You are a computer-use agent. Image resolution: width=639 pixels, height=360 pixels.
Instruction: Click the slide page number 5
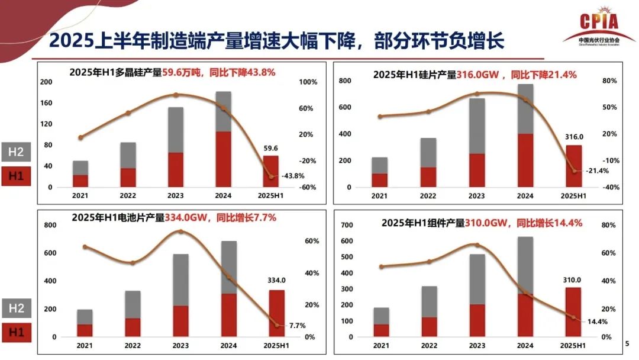(x=627, y=342)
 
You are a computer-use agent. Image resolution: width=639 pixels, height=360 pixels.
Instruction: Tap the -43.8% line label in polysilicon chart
(x=292, y=176)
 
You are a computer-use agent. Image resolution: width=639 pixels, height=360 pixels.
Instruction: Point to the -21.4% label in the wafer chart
(x=592, y=171)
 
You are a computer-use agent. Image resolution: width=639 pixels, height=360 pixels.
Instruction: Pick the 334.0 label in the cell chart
(x=276, y=281)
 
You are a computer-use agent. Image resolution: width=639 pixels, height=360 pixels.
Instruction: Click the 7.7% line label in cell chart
(x=298, y=325)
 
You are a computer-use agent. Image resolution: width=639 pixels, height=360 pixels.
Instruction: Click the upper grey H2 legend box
(x=16, y=152)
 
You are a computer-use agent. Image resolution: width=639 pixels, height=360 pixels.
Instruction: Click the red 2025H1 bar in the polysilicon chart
(x=271, y=171)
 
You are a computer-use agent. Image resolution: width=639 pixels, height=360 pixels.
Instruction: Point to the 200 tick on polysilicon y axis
(x=46, y=82)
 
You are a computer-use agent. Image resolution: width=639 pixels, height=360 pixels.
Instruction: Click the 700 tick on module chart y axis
(x=347, y=226)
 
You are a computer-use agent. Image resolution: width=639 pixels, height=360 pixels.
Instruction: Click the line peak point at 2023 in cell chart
(x=181, y=232)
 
